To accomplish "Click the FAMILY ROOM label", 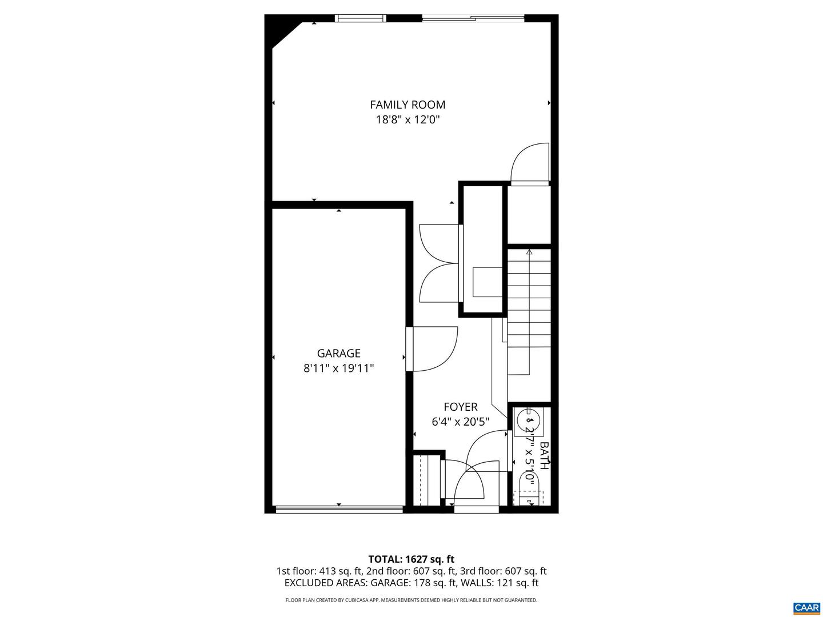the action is pos(407,105).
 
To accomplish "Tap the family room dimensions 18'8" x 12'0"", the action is pos(407,120).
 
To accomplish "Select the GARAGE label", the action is pos(338,353).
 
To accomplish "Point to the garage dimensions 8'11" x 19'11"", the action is pos(338,368).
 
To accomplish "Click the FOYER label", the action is pos(461,407).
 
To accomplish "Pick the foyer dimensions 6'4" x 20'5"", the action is pos(461,422).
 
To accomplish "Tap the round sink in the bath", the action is pos(528,420).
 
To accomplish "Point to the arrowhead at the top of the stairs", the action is pos(529,252).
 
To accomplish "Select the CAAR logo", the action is pos(807,607).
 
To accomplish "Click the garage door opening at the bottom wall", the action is pos(339,510).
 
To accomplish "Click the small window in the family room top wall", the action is pos(360,18).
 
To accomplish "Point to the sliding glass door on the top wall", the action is pos(473,18).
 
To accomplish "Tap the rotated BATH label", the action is pos(545,455).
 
